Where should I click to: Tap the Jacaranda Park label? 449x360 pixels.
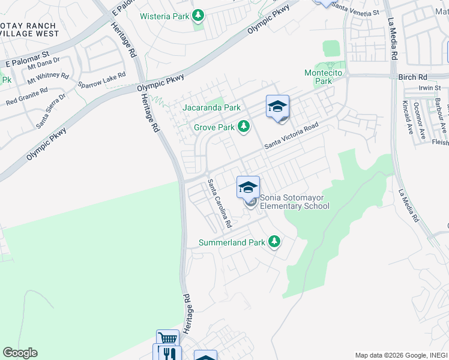point(212,108)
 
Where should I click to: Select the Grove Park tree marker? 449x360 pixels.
point(244,127)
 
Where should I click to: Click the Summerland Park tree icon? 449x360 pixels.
point(274,242)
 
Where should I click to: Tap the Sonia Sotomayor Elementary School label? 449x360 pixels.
point(295,202)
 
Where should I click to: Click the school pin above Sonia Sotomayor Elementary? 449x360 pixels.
point(248,187)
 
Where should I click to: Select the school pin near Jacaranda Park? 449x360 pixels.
point(277,106)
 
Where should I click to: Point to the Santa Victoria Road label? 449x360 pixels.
point(291,138)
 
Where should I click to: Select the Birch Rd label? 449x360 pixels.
point(412,77)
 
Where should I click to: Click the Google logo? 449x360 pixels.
point(20,353)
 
